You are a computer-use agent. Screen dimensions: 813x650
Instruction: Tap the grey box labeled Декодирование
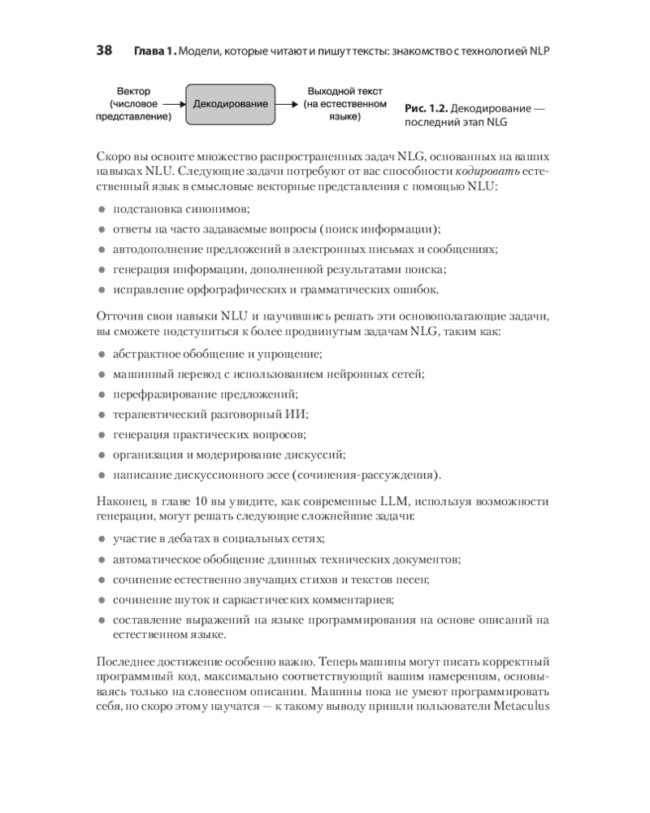230,104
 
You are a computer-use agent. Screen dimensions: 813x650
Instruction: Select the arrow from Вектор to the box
172,104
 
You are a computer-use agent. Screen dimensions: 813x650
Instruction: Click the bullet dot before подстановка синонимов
102,210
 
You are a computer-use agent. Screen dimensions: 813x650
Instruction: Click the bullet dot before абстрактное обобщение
102,354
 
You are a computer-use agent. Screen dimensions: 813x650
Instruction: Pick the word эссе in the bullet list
270,475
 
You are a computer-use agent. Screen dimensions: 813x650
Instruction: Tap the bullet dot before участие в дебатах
102,539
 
